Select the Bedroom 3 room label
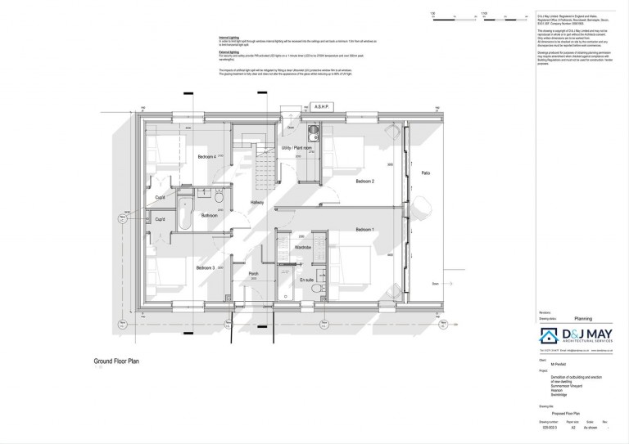click(x=205, y=267)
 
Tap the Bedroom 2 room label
click(x=364, y=181)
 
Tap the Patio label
click(x=426, y=173)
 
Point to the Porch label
click(x=253, y=274)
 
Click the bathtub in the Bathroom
click(x=183, y=210)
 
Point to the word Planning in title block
click(x=582, y=319)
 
